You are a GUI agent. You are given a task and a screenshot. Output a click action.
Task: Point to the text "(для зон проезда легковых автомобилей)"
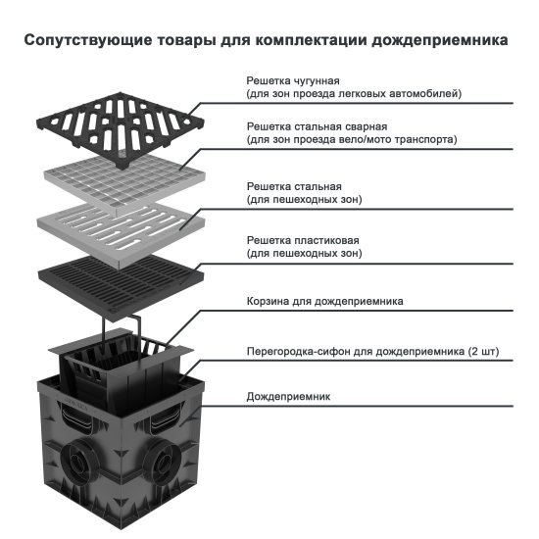pyautogui.click(x=353, y=93)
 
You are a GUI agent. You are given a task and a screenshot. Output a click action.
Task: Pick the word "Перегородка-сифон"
pyautogui.click(x=294, y=350)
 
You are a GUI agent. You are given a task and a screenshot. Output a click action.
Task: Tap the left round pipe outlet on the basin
pyautogui.click(x=78, y=460)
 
